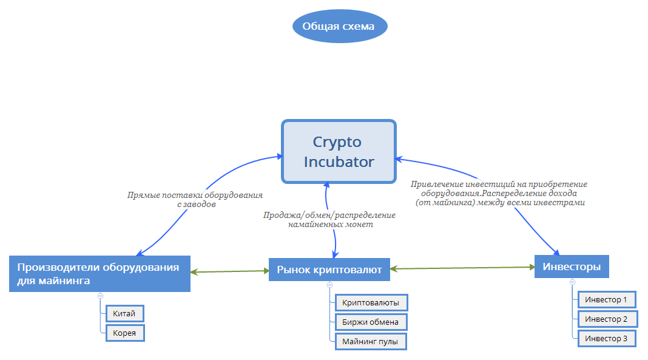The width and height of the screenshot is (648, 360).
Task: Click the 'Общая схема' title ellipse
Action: coord(339,27)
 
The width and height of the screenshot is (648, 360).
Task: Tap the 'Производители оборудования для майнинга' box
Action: coord(100,274)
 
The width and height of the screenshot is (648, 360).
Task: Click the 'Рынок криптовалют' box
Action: coord(329,270)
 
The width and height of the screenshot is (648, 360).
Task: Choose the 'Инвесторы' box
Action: coord(572,267)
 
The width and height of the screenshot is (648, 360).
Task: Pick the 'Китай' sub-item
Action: coord(125,313)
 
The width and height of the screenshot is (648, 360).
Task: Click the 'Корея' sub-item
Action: coord(125,333)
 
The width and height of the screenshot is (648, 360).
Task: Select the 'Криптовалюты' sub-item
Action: coord(370,302)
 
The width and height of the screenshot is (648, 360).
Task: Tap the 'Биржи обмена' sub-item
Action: coord(370,322)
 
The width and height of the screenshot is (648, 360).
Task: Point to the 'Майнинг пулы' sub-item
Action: coord(370,342)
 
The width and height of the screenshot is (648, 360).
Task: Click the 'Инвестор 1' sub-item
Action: coord(606,299)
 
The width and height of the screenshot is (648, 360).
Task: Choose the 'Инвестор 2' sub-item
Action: coord(606,319)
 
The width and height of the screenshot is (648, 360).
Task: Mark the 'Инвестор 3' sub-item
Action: coord(606,338)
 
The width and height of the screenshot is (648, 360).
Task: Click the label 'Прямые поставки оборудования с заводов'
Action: coord(195,200)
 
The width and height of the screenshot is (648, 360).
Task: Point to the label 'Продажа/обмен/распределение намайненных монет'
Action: coord(329,220)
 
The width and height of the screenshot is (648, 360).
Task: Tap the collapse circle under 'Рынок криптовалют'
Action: coord(329,285)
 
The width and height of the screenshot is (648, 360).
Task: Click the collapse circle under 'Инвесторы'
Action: coord(572,282)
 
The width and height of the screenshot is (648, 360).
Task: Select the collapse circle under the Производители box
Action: coord(100,296)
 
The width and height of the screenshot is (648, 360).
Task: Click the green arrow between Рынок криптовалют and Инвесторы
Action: coord(461,268)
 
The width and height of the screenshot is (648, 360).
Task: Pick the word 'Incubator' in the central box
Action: coord(339,162)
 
